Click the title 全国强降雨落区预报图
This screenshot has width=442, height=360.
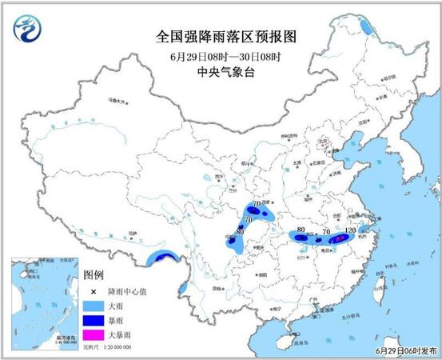pyautogui.click(x=220, y=37)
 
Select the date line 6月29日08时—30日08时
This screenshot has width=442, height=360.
pyautogui.click(x=220, y=55)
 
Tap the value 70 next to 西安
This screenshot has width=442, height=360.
pyautogui.click(x=257, y=206)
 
